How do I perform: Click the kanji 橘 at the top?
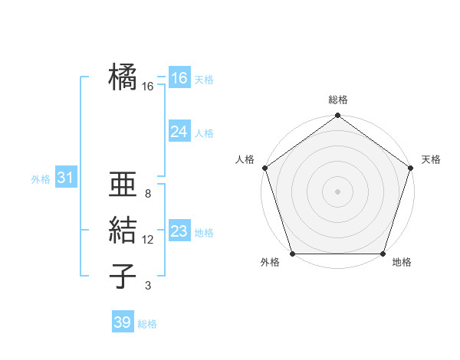click(123, 77)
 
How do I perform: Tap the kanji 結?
click(123, 231)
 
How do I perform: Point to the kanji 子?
click(123, 277)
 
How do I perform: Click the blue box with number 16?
click(179, 77)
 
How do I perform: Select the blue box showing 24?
click(179, 132)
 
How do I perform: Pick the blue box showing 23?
click(179, 231)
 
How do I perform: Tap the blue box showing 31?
click(65, 178)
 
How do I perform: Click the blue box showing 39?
click(122, 322)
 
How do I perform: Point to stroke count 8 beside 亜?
click(148, 194)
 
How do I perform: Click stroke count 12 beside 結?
click(148, 240)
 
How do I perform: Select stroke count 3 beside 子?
click(148, 286)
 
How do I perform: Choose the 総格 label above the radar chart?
click(338, 100)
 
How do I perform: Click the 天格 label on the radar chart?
click(431, 159)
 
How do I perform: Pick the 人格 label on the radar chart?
click(245, 159)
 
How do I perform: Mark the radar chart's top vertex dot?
click(337, 116)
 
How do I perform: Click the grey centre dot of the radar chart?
click(337, 191)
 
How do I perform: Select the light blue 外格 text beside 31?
click(41, 179)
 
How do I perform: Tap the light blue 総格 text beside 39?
click(147, 324)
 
